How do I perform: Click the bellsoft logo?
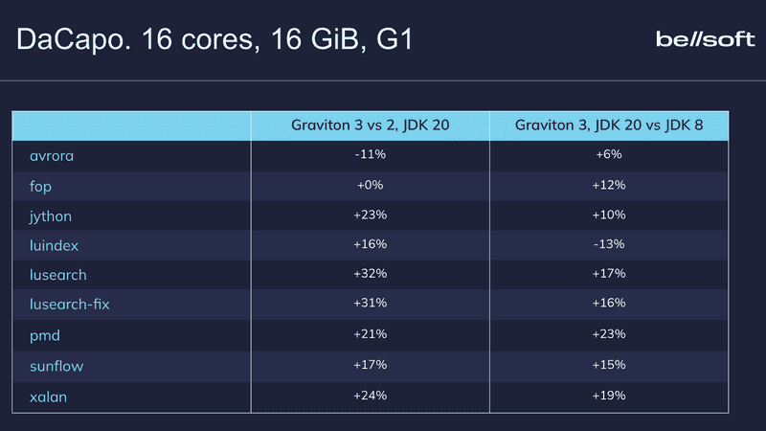pos(704,39)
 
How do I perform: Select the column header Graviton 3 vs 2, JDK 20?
pos(370,125)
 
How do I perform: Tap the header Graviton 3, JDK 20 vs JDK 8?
pos(610,125)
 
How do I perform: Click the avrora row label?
pos(52,155)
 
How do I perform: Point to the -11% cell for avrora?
pos(370,154)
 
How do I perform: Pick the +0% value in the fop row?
pos(370,185)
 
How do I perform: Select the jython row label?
pos(51,215)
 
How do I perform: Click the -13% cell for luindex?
pos(610,244)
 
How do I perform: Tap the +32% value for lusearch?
pos(370,274)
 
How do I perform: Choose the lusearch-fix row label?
pos(77,305)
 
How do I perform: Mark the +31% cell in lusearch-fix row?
pos(370,304)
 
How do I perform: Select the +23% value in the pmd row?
pos(610,334)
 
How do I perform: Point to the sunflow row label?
pos(56,365)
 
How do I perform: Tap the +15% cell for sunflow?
pos(610,364)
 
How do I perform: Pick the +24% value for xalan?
pos(370,395)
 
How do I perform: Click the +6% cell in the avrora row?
pos(610,154)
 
